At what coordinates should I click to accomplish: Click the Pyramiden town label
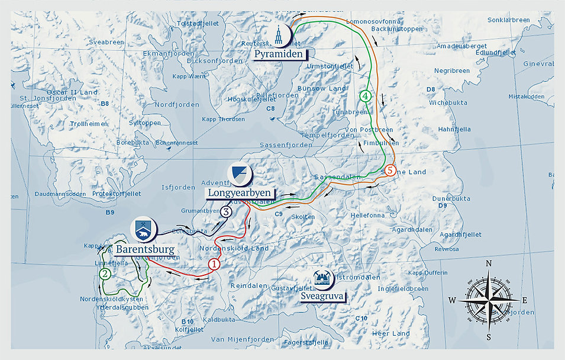click(279, 54)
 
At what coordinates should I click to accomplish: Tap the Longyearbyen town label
click(240, 192)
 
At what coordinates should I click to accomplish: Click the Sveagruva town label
click(322, 295)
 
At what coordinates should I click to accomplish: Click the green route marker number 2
click(105, 274)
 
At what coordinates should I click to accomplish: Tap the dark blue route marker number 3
click(226, 211)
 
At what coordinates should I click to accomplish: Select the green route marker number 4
click(366, 95)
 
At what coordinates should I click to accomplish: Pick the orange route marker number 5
click(389, 170)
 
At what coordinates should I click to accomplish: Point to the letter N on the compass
click(489, 264)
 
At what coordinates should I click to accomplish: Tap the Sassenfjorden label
click(285, 144)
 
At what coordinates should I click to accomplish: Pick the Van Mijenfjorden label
click(243, 339)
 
